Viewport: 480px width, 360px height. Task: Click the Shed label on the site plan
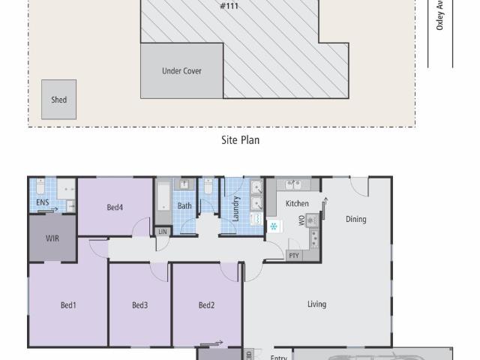(x=58, y=100)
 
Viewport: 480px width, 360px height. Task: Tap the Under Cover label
(x=181, y=71)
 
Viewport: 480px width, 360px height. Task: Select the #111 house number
(x=229, y=6)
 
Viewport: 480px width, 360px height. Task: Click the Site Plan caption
(x=240, y=139)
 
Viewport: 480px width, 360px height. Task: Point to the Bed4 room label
(x=115, y=208)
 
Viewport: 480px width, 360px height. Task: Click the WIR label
(x=52, y=238)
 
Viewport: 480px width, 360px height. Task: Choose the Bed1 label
(x=68, y=304)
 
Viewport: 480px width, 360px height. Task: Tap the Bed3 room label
(x=139, y=304)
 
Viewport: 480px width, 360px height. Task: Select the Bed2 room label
(x=207, y=304)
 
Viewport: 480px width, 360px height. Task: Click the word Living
(x=316, y=304)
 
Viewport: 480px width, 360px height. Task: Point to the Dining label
(x=355, y=219)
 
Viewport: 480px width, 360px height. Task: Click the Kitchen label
(x=297, y=203)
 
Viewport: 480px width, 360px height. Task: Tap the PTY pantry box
(x=294, y=256)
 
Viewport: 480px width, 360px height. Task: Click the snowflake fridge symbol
(x=274, y=226)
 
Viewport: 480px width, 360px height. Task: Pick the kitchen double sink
(x=293, y=184)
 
